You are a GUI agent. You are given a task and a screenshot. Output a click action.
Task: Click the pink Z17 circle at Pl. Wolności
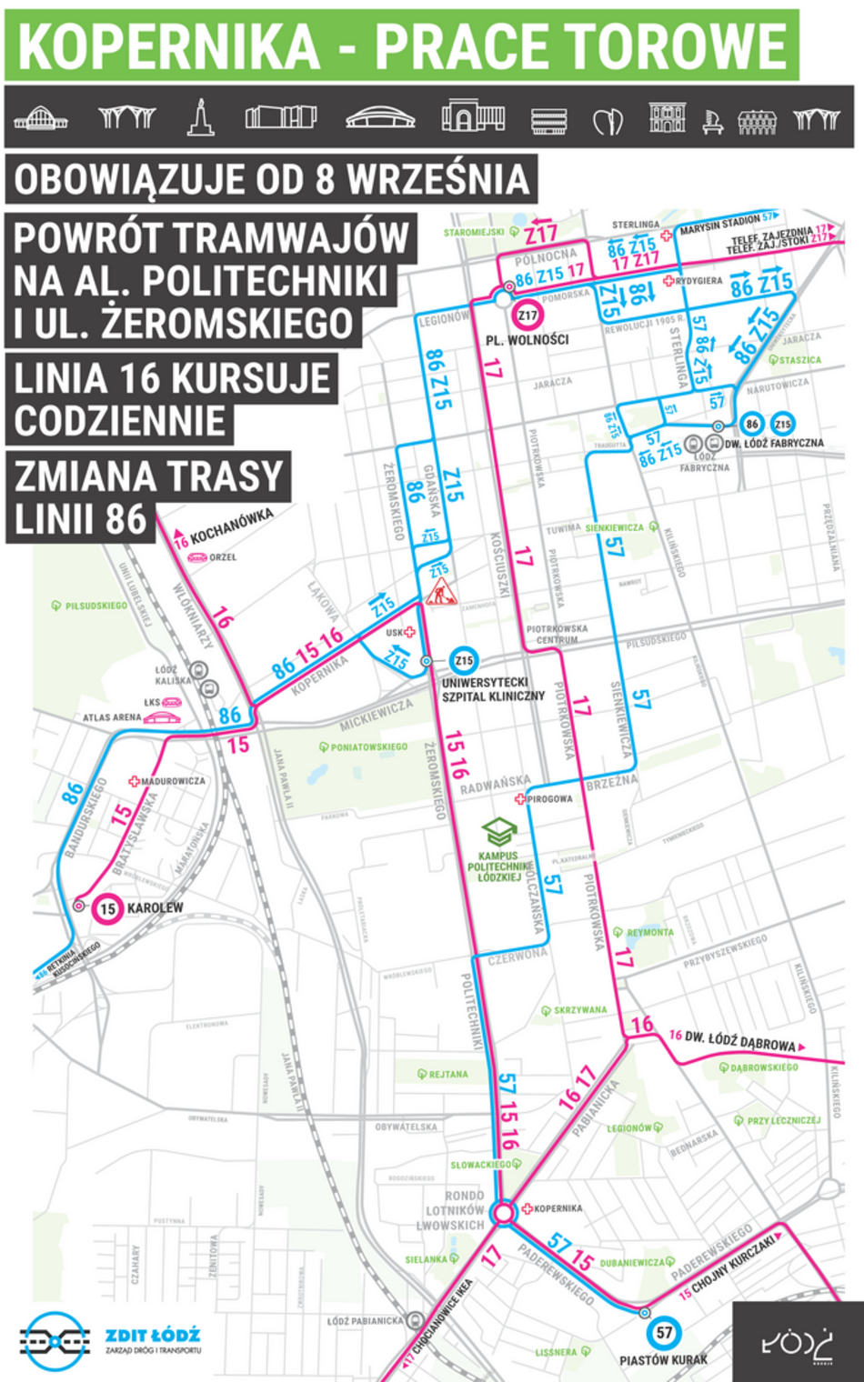(x=527, y=315)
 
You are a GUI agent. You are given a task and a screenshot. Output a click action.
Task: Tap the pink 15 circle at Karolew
(x=108, y=908)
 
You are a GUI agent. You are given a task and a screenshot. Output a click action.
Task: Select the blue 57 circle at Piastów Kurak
(x=665, y=1333)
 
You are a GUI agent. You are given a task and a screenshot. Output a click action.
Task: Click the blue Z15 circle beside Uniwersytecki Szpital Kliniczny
(x=463, y=661)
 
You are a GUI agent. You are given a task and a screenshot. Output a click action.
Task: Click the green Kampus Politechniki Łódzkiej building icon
(x=499, y=831)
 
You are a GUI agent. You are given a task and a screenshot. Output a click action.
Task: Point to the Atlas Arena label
(x=112, y=717)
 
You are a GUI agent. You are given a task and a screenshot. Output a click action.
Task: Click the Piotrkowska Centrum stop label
(x=557, y=634)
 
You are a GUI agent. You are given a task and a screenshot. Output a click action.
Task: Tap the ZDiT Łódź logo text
(x=152, y=1336)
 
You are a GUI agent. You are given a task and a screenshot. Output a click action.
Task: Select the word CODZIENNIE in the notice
(x=119, y=421)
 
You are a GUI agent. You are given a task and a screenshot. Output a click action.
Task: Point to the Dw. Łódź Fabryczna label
(x=774, y=444)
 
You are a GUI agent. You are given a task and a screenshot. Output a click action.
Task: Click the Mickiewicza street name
(x=376, y=716)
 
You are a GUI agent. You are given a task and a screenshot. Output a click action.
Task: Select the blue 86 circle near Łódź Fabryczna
(x=751, y=424)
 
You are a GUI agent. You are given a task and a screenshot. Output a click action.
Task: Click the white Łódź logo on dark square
(x=797, y=1342)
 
